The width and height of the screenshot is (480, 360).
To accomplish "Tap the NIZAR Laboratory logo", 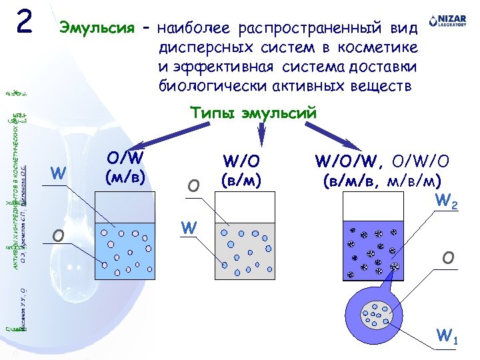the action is [x=447, y=22].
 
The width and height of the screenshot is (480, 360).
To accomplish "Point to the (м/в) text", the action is [x=125, y=179].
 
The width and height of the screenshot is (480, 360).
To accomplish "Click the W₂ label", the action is [x=446, y=201].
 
